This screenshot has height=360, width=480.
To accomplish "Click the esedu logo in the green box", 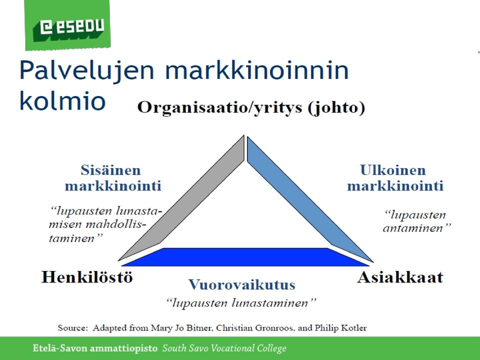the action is point(72,27).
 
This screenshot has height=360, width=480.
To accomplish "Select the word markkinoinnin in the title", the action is point(257,70).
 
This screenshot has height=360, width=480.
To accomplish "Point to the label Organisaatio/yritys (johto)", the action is point(251,107).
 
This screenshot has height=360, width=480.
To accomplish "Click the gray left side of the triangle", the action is point(181,198).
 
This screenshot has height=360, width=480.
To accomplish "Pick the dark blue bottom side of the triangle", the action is point(245,257).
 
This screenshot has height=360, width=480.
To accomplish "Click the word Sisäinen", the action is point(111,170).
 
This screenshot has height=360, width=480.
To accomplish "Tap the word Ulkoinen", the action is point(393,170).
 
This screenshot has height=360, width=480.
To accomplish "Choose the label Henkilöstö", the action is point(87,277).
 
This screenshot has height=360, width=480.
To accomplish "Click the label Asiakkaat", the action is point(400,277).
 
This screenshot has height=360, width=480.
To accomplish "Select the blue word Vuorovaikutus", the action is point(242,284).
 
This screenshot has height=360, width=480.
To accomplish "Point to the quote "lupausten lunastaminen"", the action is point(241,303).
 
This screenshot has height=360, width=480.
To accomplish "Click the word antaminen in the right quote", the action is point(417,228).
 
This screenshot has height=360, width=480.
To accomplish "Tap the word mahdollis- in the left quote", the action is point(115,224).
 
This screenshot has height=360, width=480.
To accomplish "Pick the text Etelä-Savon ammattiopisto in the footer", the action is point(95,348).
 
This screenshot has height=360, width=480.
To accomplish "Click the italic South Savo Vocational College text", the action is point(224,348).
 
